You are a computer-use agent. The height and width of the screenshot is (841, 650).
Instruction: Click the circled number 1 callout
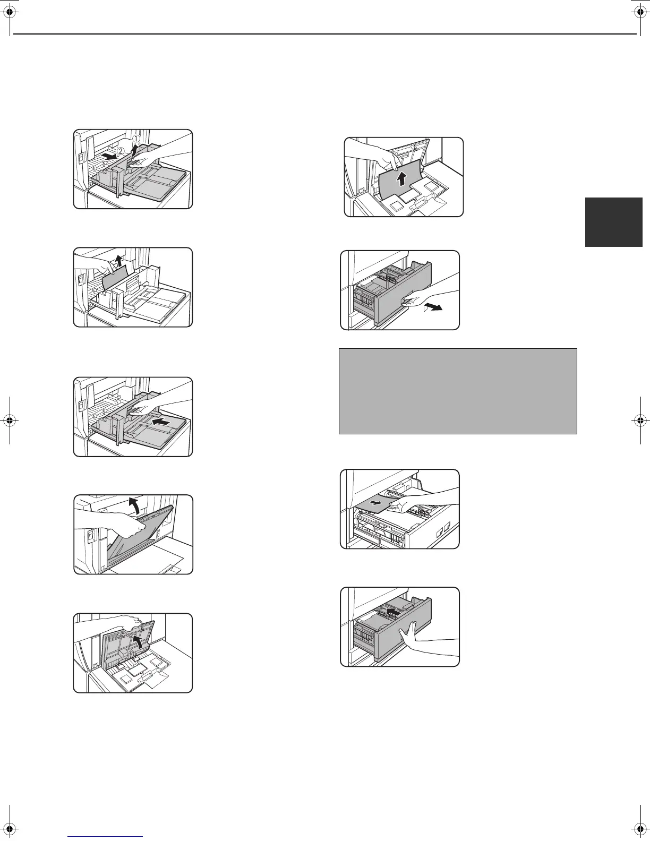(136, 139)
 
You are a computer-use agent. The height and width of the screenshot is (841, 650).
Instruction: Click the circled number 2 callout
(121, 151)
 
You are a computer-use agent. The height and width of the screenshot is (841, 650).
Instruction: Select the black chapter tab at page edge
(614, 222)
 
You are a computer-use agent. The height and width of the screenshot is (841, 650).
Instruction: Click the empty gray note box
(458, 391)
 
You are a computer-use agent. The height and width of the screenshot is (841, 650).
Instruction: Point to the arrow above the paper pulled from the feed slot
(120, 261)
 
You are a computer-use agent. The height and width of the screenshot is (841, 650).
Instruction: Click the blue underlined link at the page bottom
(106, 837)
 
